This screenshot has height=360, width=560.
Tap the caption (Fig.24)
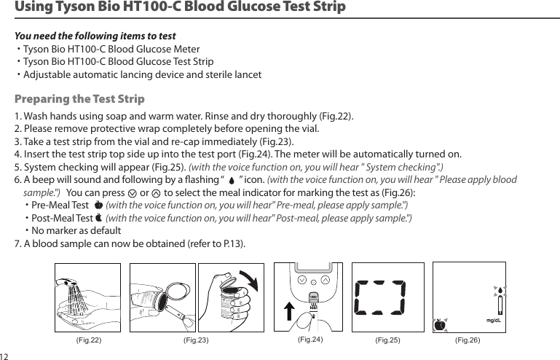(312, 340)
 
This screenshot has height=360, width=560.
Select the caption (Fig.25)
(389, 340)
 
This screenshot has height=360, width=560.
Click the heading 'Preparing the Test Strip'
(79, 99)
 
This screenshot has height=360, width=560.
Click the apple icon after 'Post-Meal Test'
(99, 217)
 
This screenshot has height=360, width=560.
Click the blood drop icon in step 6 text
(231, 180)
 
